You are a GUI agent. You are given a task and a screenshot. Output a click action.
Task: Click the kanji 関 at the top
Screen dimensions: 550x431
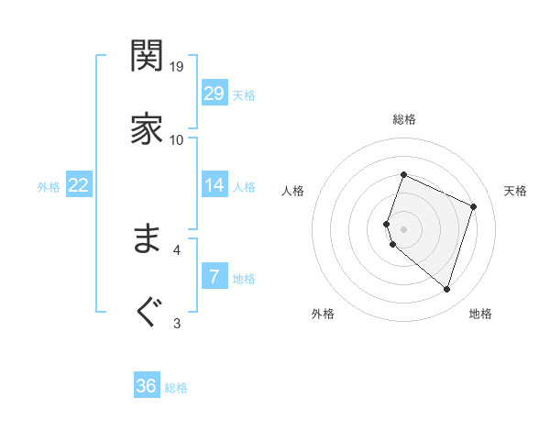[x=147, y=57]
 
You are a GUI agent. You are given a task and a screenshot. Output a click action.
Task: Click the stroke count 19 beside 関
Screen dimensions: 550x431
[x=177, y=66]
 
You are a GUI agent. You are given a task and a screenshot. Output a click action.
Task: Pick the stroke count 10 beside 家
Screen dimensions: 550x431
[x=177, y=139]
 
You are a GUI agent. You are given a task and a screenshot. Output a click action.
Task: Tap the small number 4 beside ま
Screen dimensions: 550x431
[x=177, y=249]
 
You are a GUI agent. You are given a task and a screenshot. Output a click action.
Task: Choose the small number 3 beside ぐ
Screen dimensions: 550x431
[x=177, y=322]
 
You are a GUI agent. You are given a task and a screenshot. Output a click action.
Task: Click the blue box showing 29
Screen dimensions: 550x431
[x=214, y=94]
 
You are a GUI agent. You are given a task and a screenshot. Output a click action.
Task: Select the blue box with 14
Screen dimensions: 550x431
[x=214, y=185]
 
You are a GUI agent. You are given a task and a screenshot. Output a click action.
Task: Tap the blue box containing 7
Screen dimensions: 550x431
[x=214, y=277]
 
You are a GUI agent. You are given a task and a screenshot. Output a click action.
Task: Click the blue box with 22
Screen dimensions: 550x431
[x=78, y=185]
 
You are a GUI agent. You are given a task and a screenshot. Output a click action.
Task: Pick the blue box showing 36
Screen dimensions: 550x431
[x=146, y=386]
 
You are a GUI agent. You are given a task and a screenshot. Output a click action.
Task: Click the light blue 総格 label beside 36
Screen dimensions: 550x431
[x=176, y=388]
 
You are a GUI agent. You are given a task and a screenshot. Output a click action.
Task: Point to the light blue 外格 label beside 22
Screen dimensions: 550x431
[x=49, y=187]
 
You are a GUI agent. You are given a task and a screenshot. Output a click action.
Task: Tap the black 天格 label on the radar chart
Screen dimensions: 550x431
[x=515, y=191]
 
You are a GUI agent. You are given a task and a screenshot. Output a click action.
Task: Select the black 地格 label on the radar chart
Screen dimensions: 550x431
[x=480, y=315]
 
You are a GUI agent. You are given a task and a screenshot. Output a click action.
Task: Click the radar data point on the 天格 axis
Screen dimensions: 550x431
[x=474, y=206]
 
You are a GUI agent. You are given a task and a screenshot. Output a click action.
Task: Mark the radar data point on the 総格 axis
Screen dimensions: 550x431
[x=403, y=174]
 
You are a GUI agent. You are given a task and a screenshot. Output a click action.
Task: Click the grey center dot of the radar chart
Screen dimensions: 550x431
[x=403, y=228]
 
